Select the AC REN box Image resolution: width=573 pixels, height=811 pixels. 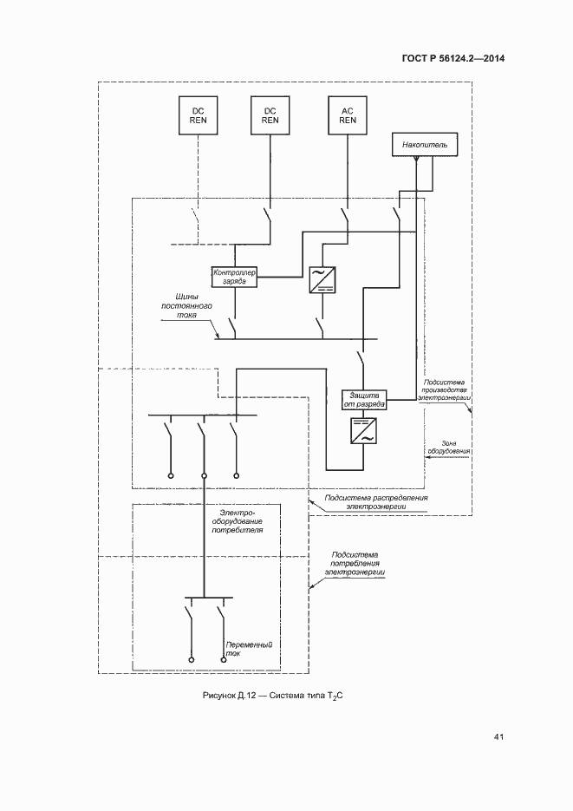(348, 115)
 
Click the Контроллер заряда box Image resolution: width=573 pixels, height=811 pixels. (234, 277)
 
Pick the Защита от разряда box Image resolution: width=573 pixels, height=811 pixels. (362, 398)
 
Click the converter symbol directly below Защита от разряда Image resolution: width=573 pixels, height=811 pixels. (362, 430)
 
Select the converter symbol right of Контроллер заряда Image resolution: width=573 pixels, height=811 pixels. (321, 279)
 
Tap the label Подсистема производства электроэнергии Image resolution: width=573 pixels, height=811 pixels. (444, 389)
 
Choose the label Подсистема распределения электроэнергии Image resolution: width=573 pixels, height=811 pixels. (376, 502)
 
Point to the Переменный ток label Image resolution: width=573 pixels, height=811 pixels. (249, 649)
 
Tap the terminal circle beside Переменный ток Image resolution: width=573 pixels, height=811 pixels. (223, 659)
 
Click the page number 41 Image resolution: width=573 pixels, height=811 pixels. (498, 737)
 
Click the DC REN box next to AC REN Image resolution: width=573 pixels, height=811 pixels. (270, 115)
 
